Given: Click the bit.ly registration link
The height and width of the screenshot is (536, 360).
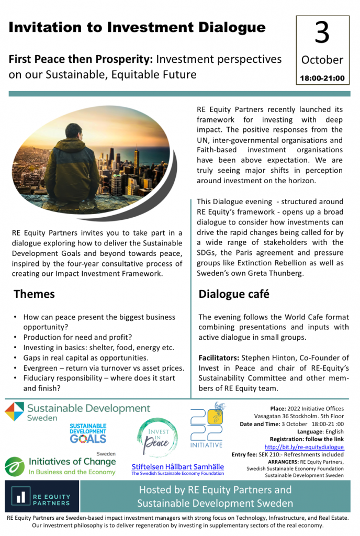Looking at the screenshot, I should pyautogui.click(x=304, y=447).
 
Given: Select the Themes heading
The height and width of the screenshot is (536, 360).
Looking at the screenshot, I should pyautogui.click(x=34, y=294).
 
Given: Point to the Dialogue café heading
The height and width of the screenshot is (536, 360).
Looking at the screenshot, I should pyautogui.click(x=234, y=294).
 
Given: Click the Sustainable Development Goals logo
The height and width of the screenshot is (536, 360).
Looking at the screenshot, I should pyautogui.click(x=88, y=434).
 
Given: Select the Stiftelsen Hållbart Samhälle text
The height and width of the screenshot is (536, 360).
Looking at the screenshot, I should pyautogui.click(x=177, y=466).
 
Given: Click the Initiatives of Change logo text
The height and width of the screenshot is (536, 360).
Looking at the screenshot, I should pyautogui.click(x=72, y=462).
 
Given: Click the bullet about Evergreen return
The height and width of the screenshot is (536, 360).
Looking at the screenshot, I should pyautogui.click(x=103, y=368).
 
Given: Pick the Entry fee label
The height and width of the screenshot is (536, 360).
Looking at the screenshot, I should pyautogui.click(x=244, y=455).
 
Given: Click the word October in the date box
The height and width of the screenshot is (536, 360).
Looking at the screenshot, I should pyautogui.click(x=322, y=60).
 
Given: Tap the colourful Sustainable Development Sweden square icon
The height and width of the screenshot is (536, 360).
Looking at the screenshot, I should pyautogui.click(x=15, y=412).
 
